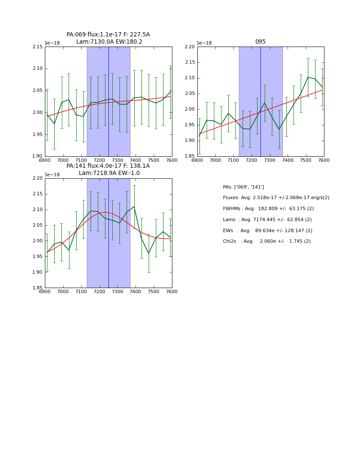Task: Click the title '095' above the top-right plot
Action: tap(260, 42)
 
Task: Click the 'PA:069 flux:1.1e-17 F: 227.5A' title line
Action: tap(108, 35)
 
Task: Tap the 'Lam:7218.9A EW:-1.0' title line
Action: tap(109, 173)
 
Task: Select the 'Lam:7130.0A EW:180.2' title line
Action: tap(109, 42)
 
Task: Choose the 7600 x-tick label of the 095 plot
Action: tap(324, 160)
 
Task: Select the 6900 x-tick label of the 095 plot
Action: tap(197, 160)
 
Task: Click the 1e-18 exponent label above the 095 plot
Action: tap(204, 43)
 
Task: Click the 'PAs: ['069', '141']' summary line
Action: tap(243, 187)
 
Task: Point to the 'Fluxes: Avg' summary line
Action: tap(276, 198)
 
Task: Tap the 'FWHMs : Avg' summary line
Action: tap(268, 209)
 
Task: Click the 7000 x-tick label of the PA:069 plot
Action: tap(63, 160)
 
